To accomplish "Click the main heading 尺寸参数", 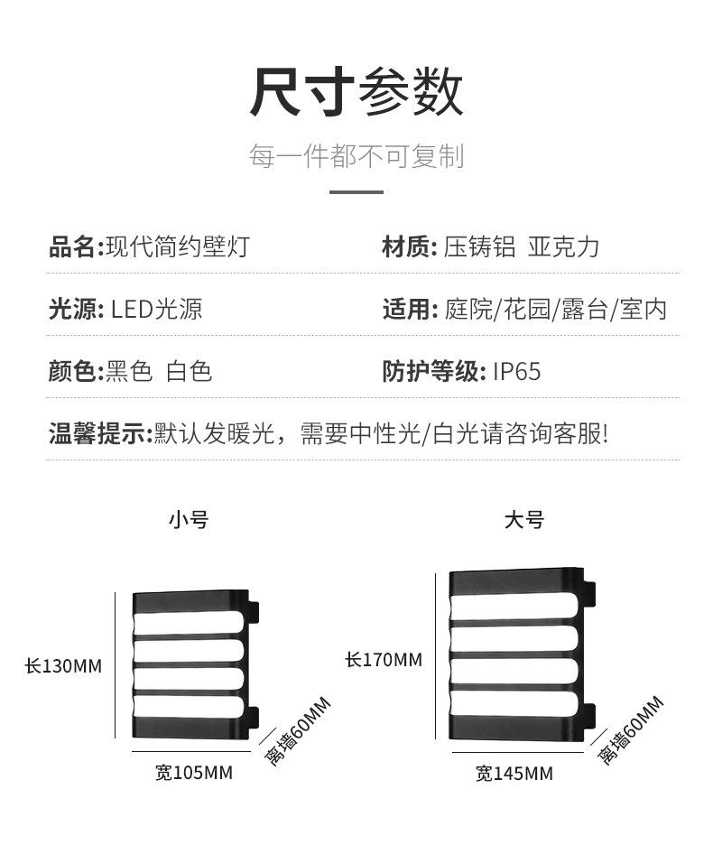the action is (x=356, y=91).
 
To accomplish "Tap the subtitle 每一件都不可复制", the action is (x=356, y=156).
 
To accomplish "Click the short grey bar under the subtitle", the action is (x=356, y=191).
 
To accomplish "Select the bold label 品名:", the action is (x=76, y=246).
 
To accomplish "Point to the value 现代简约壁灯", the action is (x=178, y=246).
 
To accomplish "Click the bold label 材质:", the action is (x=410, y=246).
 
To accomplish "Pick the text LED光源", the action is (x=157, y=310).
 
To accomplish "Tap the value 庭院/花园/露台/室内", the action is (x=556, y=310).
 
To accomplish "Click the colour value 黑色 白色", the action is (x=159, y=371).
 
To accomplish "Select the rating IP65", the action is (x=517, y=372).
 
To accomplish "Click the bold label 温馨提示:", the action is (x=100, y=434).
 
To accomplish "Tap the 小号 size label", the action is (x=189, y=520).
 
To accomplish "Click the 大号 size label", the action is (x=524, y=520).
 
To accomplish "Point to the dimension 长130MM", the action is (x=63, y=666).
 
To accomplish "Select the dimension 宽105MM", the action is (x=194, y=773).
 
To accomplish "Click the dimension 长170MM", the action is (x=384, y=660).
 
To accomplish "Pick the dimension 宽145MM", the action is (x=514, y=774).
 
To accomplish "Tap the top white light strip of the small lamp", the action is (x=189, y=622).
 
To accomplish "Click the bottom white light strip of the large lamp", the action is (x=514, y=703).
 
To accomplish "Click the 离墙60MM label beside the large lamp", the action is (x=631, y=730).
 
